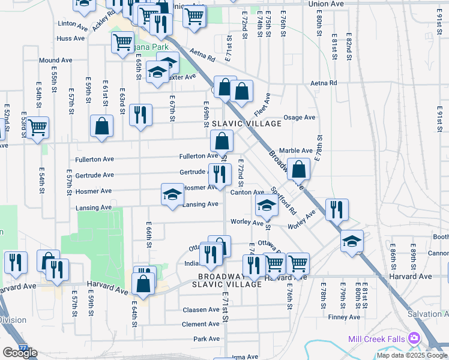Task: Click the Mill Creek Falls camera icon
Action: point(414,338)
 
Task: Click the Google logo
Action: point(20,353)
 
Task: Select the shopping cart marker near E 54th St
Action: point(37,127)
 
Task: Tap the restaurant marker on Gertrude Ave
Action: point(220,175)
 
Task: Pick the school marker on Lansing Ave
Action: point(172,195)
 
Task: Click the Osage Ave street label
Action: point(299,118)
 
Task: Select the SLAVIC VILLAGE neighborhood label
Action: point(247,124)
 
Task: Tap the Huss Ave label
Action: point(71,38)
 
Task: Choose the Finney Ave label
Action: point(345,317)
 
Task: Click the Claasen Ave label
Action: point(201,310)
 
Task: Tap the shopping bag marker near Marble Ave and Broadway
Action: point(298,170)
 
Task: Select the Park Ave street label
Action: point(206,339)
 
